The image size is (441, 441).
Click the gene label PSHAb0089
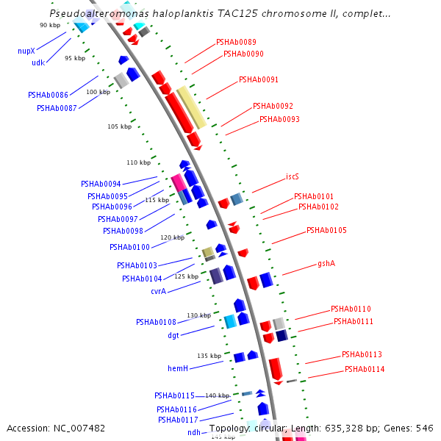[236, 43]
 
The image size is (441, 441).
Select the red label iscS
[293, 177]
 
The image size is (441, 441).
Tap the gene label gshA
[326, 263]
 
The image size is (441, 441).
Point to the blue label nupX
[26, 51]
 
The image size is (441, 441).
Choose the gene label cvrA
[158, 292]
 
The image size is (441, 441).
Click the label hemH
[178, 368]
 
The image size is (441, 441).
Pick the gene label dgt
[173, 335]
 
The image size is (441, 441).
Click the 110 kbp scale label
[137, 162]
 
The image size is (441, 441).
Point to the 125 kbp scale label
[185, 276]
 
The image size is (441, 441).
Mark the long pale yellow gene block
[191, 107]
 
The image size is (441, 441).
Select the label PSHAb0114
[365, 369]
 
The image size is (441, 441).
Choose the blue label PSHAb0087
[57, 109]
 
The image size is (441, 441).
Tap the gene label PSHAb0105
[326, 231]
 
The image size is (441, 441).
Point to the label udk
[38, 63]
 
